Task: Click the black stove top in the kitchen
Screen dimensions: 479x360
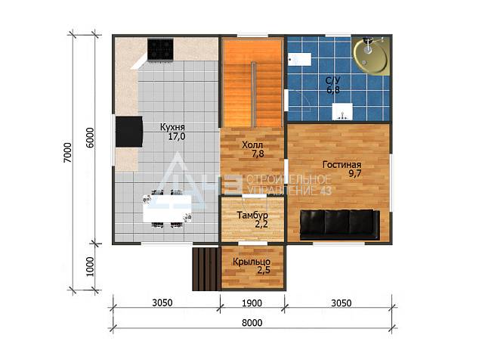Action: [160, 49]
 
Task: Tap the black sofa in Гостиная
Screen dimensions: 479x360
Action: [340, 225]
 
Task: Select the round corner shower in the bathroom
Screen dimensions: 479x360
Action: [370, 55]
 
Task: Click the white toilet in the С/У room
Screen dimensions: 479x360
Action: [300, 59]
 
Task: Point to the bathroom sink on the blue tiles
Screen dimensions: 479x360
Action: [342, 111]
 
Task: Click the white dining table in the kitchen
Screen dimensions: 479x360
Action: [168, 209]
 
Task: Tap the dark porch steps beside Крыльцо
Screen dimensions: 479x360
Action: [206, 269]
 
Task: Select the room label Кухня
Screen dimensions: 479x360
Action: [172, 127]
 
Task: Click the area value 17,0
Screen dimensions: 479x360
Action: [177, 136]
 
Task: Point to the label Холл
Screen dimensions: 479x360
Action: [252, 144]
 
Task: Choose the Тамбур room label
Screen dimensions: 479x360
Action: [252, 215]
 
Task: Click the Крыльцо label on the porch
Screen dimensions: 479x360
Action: [252, 262]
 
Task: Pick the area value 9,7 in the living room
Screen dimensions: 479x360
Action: [355, 174]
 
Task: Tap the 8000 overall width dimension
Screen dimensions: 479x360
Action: [252, 323]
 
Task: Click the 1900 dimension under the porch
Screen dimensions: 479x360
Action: [252, 303]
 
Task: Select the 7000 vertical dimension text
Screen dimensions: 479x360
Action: [67, 152]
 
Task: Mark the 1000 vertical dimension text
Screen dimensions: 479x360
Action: [89, 267]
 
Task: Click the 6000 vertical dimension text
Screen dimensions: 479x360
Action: [90, 138]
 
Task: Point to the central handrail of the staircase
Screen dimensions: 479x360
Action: [253, 95]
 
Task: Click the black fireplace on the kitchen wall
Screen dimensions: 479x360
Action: [129, 132]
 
